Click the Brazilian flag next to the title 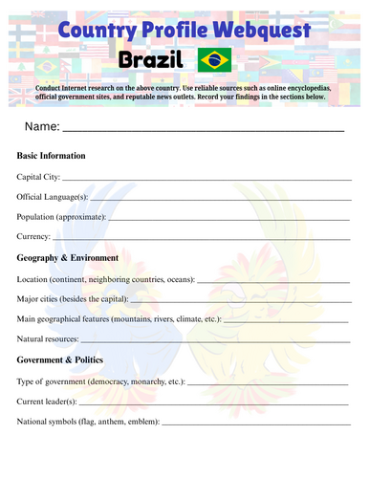214,62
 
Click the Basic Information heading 52,155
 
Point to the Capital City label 39,176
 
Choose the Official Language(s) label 53,196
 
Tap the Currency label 34,236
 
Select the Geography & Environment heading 68,257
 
